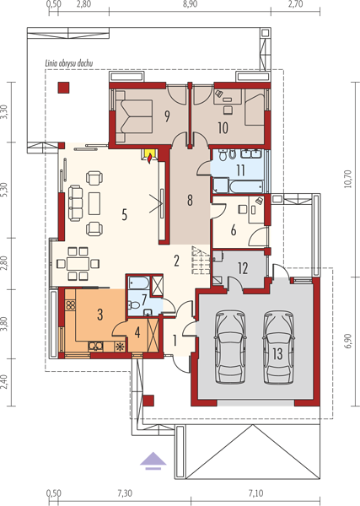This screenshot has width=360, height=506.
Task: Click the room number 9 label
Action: [167, 116]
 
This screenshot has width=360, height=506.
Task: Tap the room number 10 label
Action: [223, 128]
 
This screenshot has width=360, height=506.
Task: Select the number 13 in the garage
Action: [277, 354]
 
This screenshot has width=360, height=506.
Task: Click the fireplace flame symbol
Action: [149, 159]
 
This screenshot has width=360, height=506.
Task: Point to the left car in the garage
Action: [230, 347]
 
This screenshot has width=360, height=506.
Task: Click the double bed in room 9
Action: [134, 116]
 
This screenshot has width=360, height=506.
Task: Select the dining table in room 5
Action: [78, 264]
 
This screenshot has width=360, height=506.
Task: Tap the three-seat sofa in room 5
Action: [76, 203]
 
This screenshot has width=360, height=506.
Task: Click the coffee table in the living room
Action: [94, 203]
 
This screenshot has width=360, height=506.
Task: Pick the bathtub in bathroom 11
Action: [247, 187]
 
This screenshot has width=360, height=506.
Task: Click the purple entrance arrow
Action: [153, 460]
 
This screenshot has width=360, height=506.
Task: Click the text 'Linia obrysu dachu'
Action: [68, 63]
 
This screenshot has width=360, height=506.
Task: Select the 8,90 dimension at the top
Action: [190, 4]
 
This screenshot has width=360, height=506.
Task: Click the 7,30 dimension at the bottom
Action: [125, 493]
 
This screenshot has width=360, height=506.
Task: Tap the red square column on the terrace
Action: [63, 88]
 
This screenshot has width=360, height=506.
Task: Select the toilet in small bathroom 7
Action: [132, 304]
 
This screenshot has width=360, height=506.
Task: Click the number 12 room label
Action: [243, 268]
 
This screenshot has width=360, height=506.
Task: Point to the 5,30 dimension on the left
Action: [4, 191]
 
